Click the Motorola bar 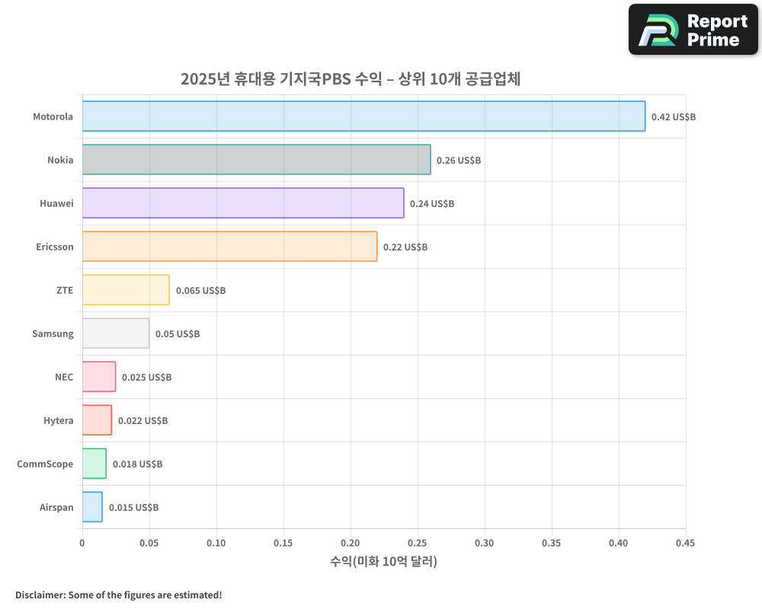(x=363, y=116)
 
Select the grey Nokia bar (x=256, y=160)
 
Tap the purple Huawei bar (x=242, y=203)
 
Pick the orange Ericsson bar (x=229, y=247)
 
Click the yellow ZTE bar (x=126, y=290)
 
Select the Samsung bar (x=116, y=333)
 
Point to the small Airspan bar (x=92, y=507)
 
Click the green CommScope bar (x=94, y=464)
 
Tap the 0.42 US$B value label (x=673, y=117)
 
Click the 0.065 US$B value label (x=200, y=291)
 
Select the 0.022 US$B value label (x=142, y=421)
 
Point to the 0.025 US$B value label (x=146, y=378)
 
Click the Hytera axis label (x=58, y=420)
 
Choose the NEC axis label (x=64, y=377)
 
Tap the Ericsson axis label (x=55, y=247)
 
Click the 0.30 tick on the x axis (x=484, y=544)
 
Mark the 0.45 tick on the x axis (x=685, y=544)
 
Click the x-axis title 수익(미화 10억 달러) (x=383, y=562)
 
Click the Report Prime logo (x=693, y=30)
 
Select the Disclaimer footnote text (x=118, y=595)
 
